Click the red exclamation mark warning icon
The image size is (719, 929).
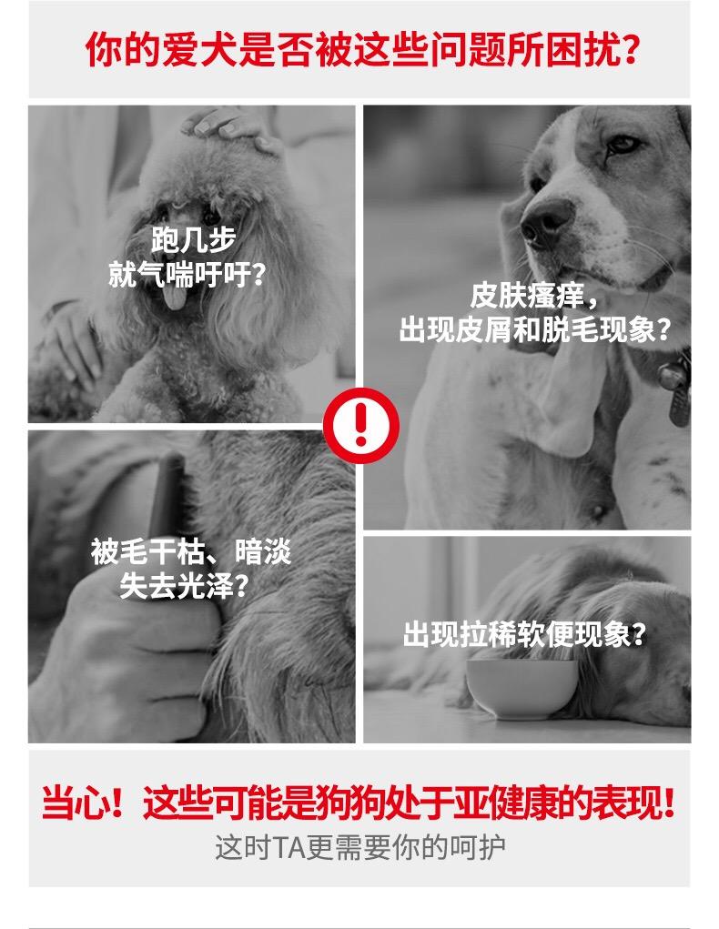point(360,426)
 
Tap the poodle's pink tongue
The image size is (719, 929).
point(174,297)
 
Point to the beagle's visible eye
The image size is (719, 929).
point(623,144)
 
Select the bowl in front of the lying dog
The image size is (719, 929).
point(522,687)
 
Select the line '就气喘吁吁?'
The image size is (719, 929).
point(187,274)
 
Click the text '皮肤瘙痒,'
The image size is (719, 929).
point(533,297)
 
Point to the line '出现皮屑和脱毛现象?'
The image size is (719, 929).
point(534,330)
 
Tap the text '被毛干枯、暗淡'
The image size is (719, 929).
point(191,551)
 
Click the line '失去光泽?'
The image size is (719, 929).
point(183,586)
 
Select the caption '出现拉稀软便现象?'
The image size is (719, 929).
point(524,634)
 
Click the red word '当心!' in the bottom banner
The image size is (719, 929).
point(83,803)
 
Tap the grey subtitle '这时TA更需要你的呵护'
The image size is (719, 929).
point(359,848)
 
